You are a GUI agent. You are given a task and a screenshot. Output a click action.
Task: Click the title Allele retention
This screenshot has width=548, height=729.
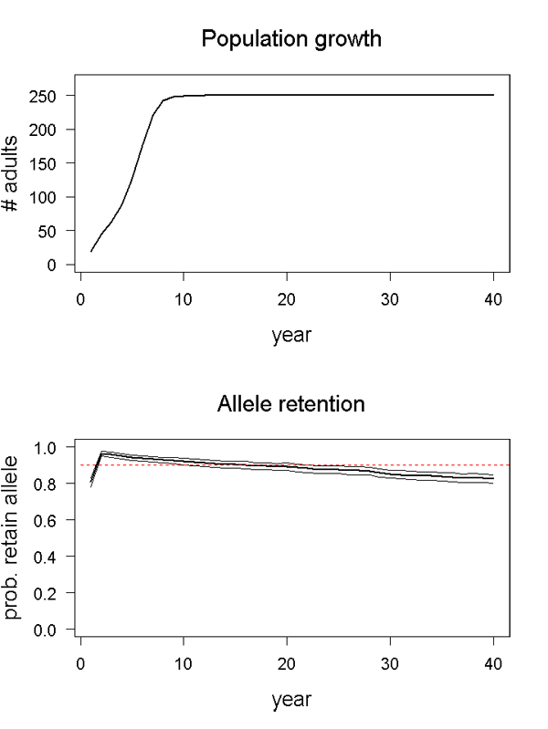coord(291,403)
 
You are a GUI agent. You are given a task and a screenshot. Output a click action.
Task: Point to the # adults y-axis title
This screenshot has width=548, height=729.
coord(13,174)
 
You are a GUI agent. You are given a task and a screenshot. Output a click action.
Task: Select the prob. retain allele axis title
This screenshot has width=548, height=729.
coord(13,538)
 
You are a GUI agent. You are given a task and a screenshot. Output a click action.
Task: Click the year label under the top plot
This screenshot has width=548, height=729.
coord(291,336)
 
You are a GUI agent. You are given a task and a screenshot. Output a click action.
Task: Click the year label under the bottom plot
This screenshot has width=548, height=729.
coord(291,700)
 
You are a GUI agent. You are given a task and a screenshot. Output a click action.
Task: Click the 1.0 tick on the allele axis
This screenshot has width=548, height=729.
coord(47,447)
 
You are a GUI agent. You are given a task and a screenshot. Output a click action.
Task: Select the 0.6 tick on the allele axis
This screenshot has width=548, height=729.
coord(47,520)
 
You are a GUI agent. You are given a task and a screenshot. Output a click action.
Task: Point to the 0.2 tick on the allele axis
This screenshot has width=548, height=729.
coord(47,593)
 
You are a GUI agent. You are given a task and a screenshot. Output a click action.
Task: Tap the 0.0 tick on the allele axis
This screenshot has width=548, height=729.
coord(47,630)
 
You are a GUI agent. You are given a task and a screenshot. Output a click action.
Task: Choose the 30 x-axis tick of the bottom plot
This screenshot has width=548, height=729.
coord(391,662)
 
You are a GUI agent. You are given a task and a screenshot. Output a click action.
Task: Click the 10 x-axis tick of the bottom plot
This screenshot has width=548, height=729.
coord(184,662)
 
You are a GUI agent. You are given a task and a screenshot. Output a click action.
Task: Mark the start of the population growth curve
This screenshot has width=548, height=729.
coord(91,251)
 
